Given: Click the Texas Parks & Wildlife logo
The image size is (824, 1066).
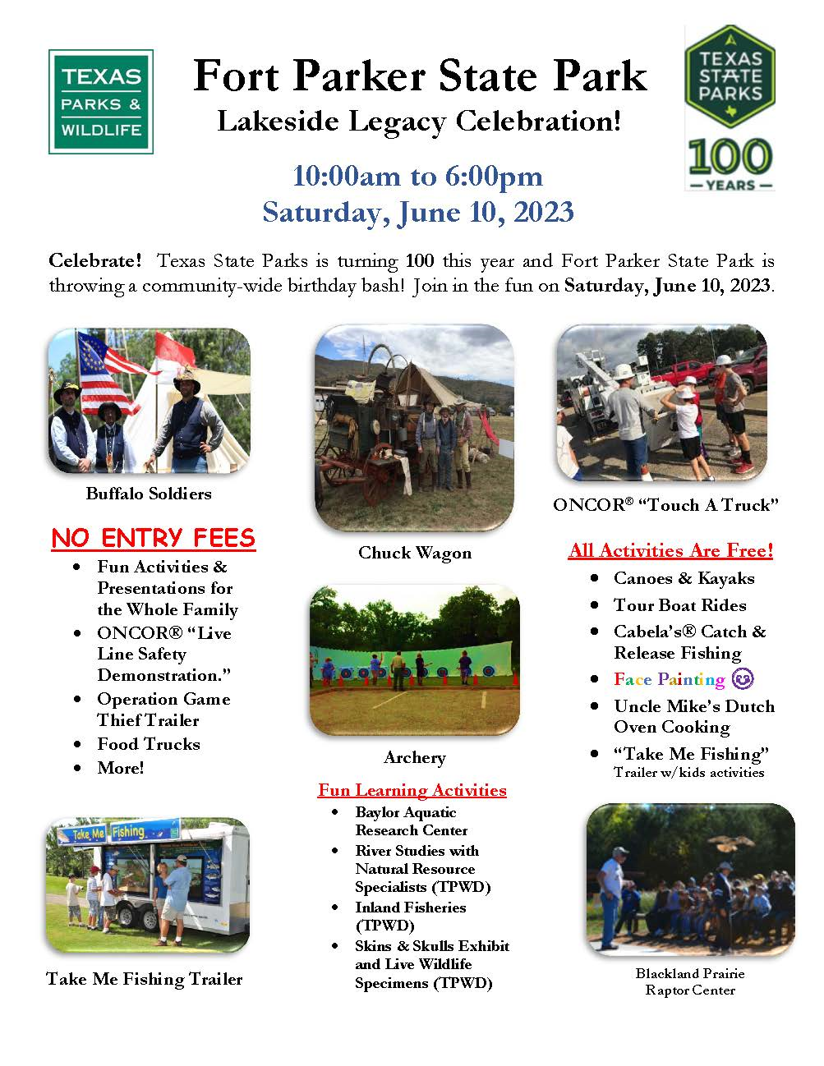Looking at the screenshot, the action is (100, 102).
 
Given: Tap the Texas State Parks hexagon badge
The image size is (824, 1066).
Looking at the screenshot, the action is (730, 76).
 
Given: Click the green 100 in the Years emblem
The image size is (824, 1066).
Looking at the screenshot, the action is (730, 157).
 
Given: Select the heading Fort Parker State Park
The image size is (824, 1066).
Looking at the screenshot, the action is (420, 76).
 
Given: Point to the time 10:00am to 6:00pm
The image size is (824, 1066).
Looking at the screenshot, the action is (417, 176).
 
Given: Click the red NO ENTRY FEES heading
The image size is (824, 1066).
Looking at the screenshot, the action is (154, 538).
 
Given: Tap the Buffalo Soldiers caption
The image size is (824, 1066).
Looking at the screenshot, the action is (149, 494).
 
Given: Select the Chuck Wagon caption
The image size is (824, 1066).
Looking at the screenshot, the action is (415, 553).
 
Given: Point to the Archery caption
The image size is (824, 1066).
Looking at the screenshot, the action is (415, 758).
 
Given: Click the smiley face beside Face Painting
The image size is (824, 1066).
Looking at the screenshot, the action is (743, 679).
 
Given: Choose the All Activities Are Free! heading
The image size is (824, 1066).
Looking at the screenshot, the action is (670, 550).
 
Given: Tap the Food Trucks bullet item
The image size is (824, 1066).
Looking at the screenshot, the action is (149, 744).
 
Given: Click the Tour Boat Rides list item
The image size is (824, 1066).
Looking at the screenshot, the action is (679, 605).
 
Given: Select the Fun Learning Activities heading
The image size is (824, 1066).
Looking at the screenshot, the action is (412, 790).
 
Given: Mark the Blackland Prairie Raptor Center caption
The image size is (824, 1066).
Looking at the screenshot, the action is (690, 982).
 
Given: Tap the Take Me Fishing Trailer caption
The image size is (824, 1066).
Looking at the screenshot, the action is (145, 979).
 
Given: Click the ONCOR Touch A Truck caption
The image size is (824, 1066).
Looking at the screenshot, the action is (665, 505).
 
